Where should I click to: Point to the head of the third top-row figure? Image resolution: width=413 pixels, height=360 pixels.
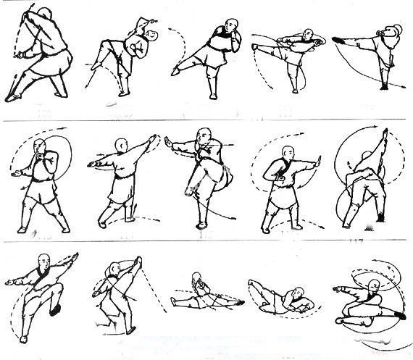231,30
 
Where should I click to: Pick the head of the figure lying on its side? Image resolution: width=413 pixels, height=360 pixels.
291,296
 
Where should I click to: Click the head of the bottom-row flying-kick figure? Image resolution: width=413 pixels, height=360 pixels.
374,286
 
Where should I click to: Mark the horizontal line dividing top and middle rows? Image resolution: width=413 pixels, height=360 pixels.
206,120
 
